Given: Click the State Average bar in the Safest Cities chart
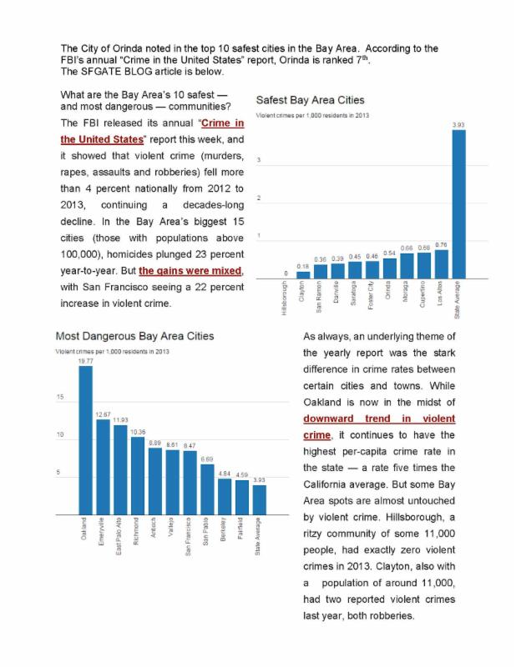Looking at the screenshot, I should click(458, 204).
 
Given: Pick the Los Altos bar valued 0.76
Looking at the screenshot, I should click(441, 263).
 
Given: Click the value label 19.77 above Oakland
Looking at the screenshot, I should click(85, 360).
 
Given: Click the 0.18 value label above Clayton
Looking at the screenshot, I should click(303, 266).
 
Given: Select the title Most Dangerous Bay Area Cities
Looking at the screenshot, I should click(134, 336).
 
